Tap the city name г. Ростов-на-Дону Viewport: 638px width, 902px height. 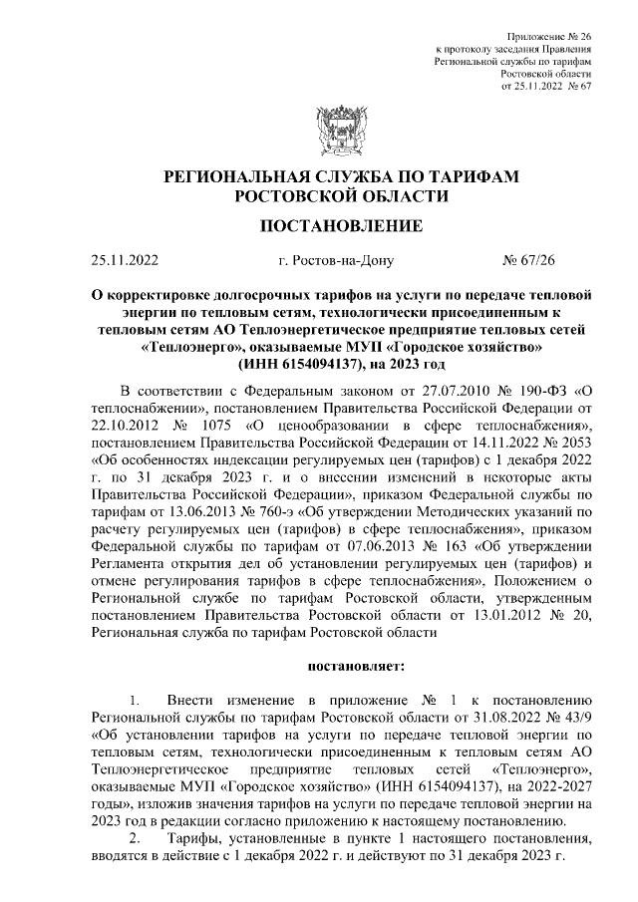[338, 262]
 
